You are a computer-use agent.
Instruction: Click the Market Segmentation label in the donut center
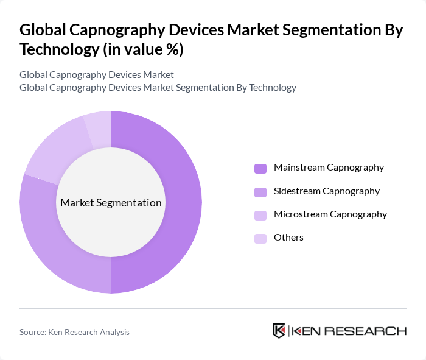coord(110,203)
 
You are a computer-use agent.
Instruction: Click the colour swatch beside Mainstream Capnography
coord(260,168)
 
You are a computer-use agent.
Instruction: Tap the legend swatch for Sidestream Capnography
coord(260,191)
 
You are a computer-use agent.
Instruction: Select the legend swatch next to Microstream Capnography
coord(260,214)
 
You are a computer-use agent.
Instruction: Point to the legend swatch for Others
coord(260,238)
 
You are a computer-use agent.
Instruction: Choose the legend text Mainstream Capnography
coord(329,167)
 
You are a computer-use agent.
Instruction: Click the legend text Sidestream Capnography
coord(326,191)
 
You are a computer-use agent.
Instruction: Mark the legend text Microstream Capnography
coord(330,214)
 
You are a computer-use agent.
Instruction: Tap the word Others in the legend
coord(288,237)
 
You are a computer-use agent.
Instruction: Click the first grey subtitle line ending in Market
coord(96,74)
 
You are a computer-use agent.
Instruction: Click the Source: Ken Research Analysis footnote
coord(74,332)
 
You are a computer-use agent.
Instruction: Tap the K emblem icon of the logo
coord(279,331)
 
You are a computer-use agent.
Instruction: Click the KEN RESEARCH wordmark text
coord(349,331)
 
